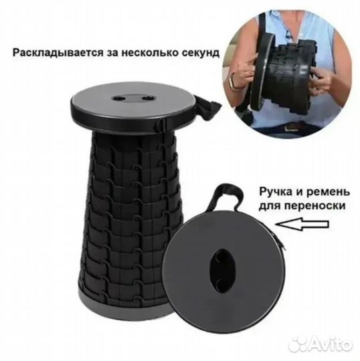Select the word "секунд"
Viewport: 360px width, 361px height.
(199, 51)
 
